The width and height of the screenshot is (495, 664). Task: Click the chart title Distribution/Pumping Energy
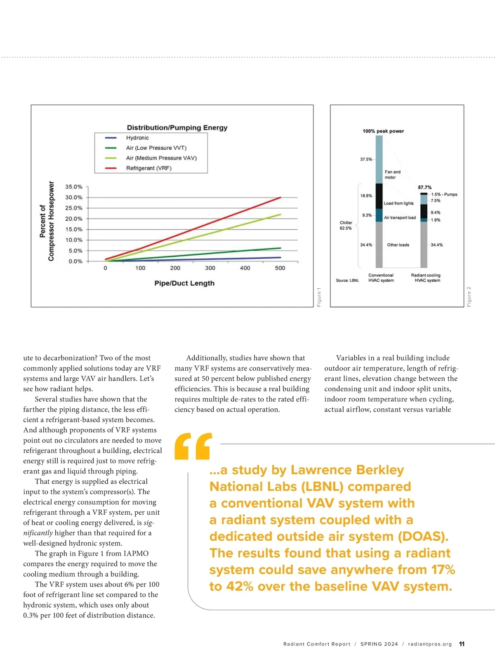[x=177, y=128]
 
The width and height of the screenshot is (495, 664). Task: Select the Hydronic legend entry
[x=137, y=138]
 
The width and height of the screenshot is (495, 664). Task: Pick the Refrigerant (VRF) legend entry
[x=148, y=168]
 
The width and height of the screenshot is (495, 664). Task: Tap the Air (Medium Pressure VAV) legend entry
[x=161, y=158]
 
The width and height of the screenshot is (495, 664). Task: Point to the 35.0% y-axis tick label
[x=74, y=187]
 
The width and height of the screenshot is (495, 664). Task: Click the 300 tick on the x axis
[x=210, y=268]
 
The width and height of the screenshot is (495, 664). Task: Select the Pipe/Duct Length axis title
[x=184, y=283]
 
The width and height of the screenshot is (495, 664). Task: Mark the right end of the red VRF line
[x=280, y=198]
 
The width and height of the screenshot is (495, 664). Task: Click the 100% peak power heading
[x=383, y=131]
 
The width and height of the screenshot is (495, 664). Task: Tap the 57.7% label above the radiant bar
[x=424, y=187]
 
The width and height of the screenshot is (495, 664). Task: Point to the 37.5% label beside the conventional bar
[x=366, y=159]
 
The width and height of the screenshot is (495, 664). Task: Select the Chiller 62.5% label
[x=346, y=225]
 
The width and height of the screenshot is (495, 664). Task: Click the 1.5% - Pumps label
[x=444, y=194]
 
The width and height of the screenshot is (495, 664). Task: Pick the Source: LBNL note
[x=347, y=280]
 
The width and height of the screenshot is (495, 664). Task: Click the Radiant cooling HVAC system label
[x=426, y=278]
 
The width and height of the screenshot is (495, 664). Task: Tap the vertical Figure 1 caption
[x=319, y=297]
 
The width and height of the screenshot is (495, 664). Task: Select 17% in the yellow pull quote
[x=443, y=570]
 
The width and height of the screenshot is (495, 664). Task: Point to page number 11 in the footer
[x=462, y=644]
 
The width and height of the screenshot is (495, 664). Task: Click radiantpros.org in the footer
[x=430, y=644]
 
